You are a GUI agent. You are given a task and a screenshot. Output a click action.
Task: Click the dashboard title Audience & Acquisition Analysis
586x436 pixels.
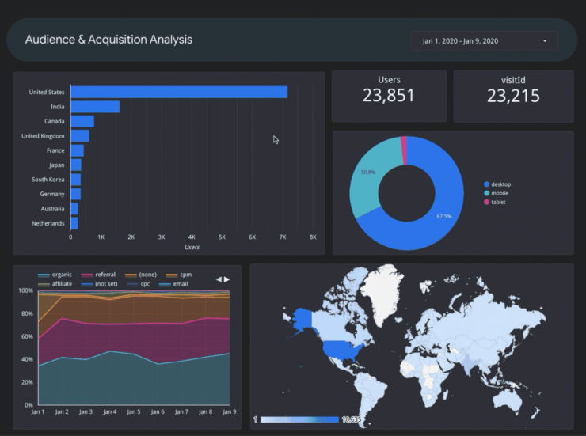[108, 40]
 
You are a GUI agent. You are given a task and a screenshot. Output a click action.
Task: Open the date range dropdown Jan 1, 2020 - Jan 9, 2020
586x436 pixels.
[484, 41]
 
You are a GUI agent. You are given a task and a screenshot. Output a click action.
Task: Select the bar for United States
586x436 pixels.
[179, 93]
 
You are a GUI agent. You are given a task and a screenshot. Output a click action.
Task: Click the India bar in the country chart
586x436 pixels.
[95, 107]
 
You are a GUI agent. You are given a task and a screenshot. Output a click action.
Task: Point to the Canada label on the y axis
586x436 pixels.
[54, 121]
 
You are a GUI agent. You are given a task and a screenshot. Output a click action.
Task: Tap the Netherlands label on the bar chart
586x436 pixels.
[48, 223]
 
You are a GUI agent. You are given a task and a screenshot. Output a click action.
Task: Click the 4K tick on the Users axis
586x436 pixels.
[192, 237]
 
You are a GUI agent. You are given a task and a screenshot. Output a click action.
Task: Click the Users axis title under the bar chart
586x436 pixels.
[192, 248]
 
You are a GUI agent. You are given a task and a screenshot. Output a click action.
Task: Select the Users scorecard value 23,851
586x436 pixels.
[389, 97]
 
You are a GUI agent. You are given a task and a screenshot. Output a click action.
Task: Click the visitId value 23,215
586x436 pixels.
[513, 97]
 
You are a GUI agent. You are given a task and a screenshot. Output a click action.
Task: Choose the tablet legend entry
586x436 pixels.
[498, 202]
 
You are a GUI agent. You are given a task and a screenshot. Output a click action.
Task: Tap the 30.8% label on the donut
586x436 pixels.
[367, 172]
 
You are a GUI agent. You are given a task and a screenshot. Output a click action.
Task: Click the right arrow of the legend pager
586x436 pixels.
[227, 279]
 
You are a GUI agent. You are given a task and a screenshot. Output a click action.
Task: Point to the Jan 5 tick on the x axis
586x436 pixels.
[133, 412]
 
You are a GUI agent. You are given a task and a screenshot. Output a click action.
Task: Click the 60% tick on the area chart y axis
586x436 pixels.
[26, 336]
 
